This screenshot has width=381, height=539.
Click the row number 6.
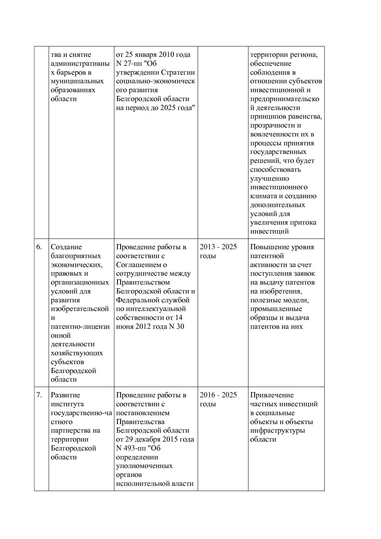click(x=39, y=247)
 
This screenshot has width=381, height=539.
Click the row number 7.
click(x=39, y=395)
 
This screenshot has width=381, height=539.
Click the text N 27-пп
click(x=128, y=64)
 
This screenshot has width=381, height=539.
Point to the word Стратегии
click(x=178, y=73)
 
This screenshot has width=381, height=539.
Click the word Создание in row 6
click(x=66, y=247)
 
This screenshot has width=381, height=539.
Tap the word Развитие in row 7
click(x=65, y=395)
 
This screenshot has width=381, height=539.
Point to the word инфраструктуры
click(x=277, y=431)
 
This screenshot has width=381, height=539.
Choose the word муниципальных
click(x=77, y=81)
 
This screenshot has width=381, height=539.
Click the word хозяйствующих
click(x=77, y=353)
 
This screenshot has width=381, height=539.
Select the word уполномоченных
click(x=144, y=466)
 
